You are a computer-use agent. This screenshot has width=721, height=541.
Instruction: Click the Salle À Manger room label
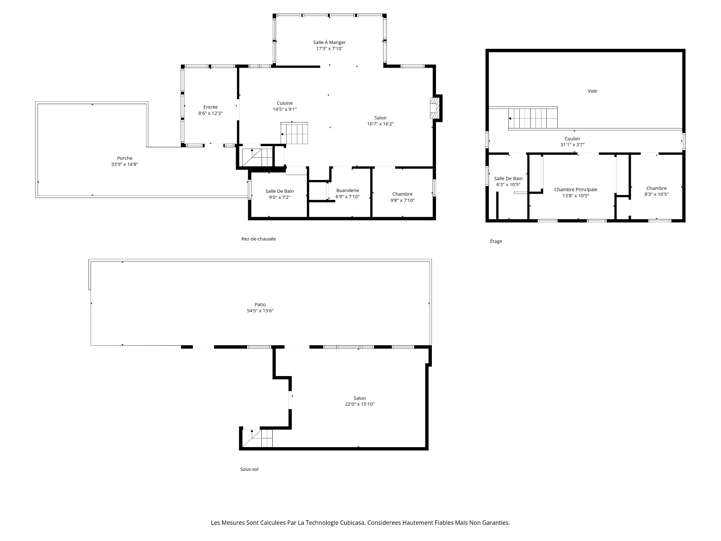tap(329, 42)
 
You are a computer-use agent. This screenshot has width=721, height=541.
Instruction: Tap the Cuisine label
tap(285, 103)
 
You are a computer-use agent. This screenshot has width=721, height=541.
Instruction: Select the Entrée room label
tap(210, 107)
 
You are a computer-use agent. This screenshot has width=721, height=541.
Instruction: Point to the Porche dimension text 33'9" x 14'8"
tap(125, 164)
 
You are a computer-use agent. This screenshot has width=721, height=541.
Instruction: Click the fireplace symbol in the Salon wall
tap(434, 108)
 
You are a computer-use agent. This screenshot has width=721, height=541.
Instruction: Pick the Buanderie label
tap(347, 190)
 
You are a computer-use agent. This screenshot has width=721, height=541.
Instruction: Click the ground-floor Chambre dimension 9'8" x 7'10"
tap(402, 200)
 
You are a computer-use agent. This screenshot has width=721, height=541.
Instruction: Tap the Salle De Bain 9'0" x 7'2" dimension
tap(279, 197)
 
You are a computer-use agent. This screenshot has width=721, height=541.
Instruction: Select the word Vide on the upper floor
tap(592, 91)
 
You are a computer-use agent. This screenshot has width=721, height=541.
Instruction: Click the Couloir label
tap(572, 139)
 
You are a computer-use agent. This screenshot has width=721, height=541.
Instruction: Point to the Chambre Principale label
tap(576, 190)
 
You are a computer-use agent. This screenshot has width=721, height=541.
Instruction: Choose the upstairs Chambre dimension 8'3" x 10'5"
tap(656, 194)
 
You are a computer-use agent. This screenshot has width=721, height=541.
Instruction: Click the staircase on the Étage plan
tap(533, 118)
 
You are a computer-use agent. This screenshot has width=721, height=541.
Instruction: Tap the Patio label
tap(260, 305)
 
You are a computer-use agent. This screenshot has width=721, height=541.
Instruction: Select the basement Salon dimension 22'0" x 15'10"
tap(359, 404)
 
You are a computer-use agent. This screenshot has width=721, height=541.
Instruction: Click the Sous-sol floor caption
tap(249, 469)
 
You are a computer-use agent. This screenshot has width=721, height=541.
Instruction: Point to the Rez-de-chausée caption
tap(258, 239)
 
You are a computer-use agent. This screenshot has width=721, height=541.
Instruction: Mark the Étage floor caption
tap(496, 241)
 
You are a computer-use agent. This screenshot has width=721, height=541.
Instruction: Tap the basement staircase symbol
tap(257, 438)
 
